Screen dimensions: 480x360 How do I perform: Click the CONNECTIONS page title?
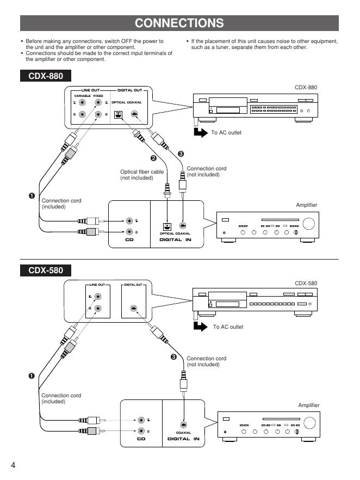(x=179, y=23)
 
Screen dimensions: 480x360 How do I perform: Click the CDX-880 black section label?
(x=46, y=76)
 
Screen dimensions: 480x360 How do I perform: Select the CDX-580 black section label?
(x=46, y=270)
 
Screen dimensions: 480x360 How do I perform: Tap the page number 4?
(x=13, y=465)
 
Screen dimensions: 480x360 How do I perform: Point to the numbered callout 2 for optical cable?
(x=153, y=158)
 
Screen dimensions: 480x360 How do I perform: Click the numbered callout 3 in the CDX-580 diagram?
(x=173, y=357)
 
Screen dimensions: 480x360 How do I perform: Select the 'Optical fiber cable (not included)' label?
(x=141, y=175)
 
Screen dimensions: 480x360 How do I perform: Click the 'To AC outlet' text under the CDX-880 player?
(x=226, y=133)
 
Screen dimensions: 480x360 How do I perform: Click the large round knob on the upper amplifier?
(x=309, y=223)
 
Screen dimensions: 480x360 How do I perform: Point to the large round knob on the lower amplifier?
(x=309, y=423)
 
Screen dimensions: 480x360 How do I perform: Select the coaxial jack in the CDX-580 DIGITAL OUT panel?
(x=134, y=309)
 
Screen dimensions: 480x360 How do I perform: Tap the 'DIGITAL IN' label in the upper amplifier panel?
(x=175, y=239)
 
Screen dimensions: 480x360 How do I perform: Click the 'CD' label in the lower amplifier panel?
(x=141, y=439)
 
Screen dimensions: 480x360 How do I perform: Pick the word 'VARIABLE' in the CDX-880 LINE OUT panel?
(x=82, y=96)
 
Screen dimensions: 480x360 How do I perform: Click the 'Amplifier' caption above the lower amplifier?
(x=308, y=405)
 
